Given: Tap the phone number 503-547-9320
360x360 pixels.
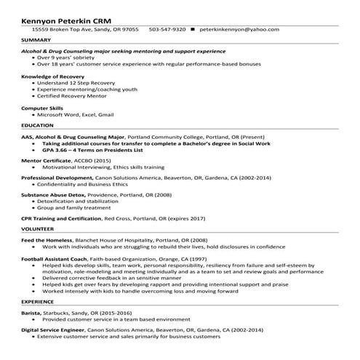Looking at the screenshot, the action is pyautogui.click(x=167, y=29).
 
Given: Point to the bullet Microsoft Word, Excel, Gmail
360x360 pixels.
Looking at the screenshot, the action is pyautogui.click(x=76, y=115).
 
